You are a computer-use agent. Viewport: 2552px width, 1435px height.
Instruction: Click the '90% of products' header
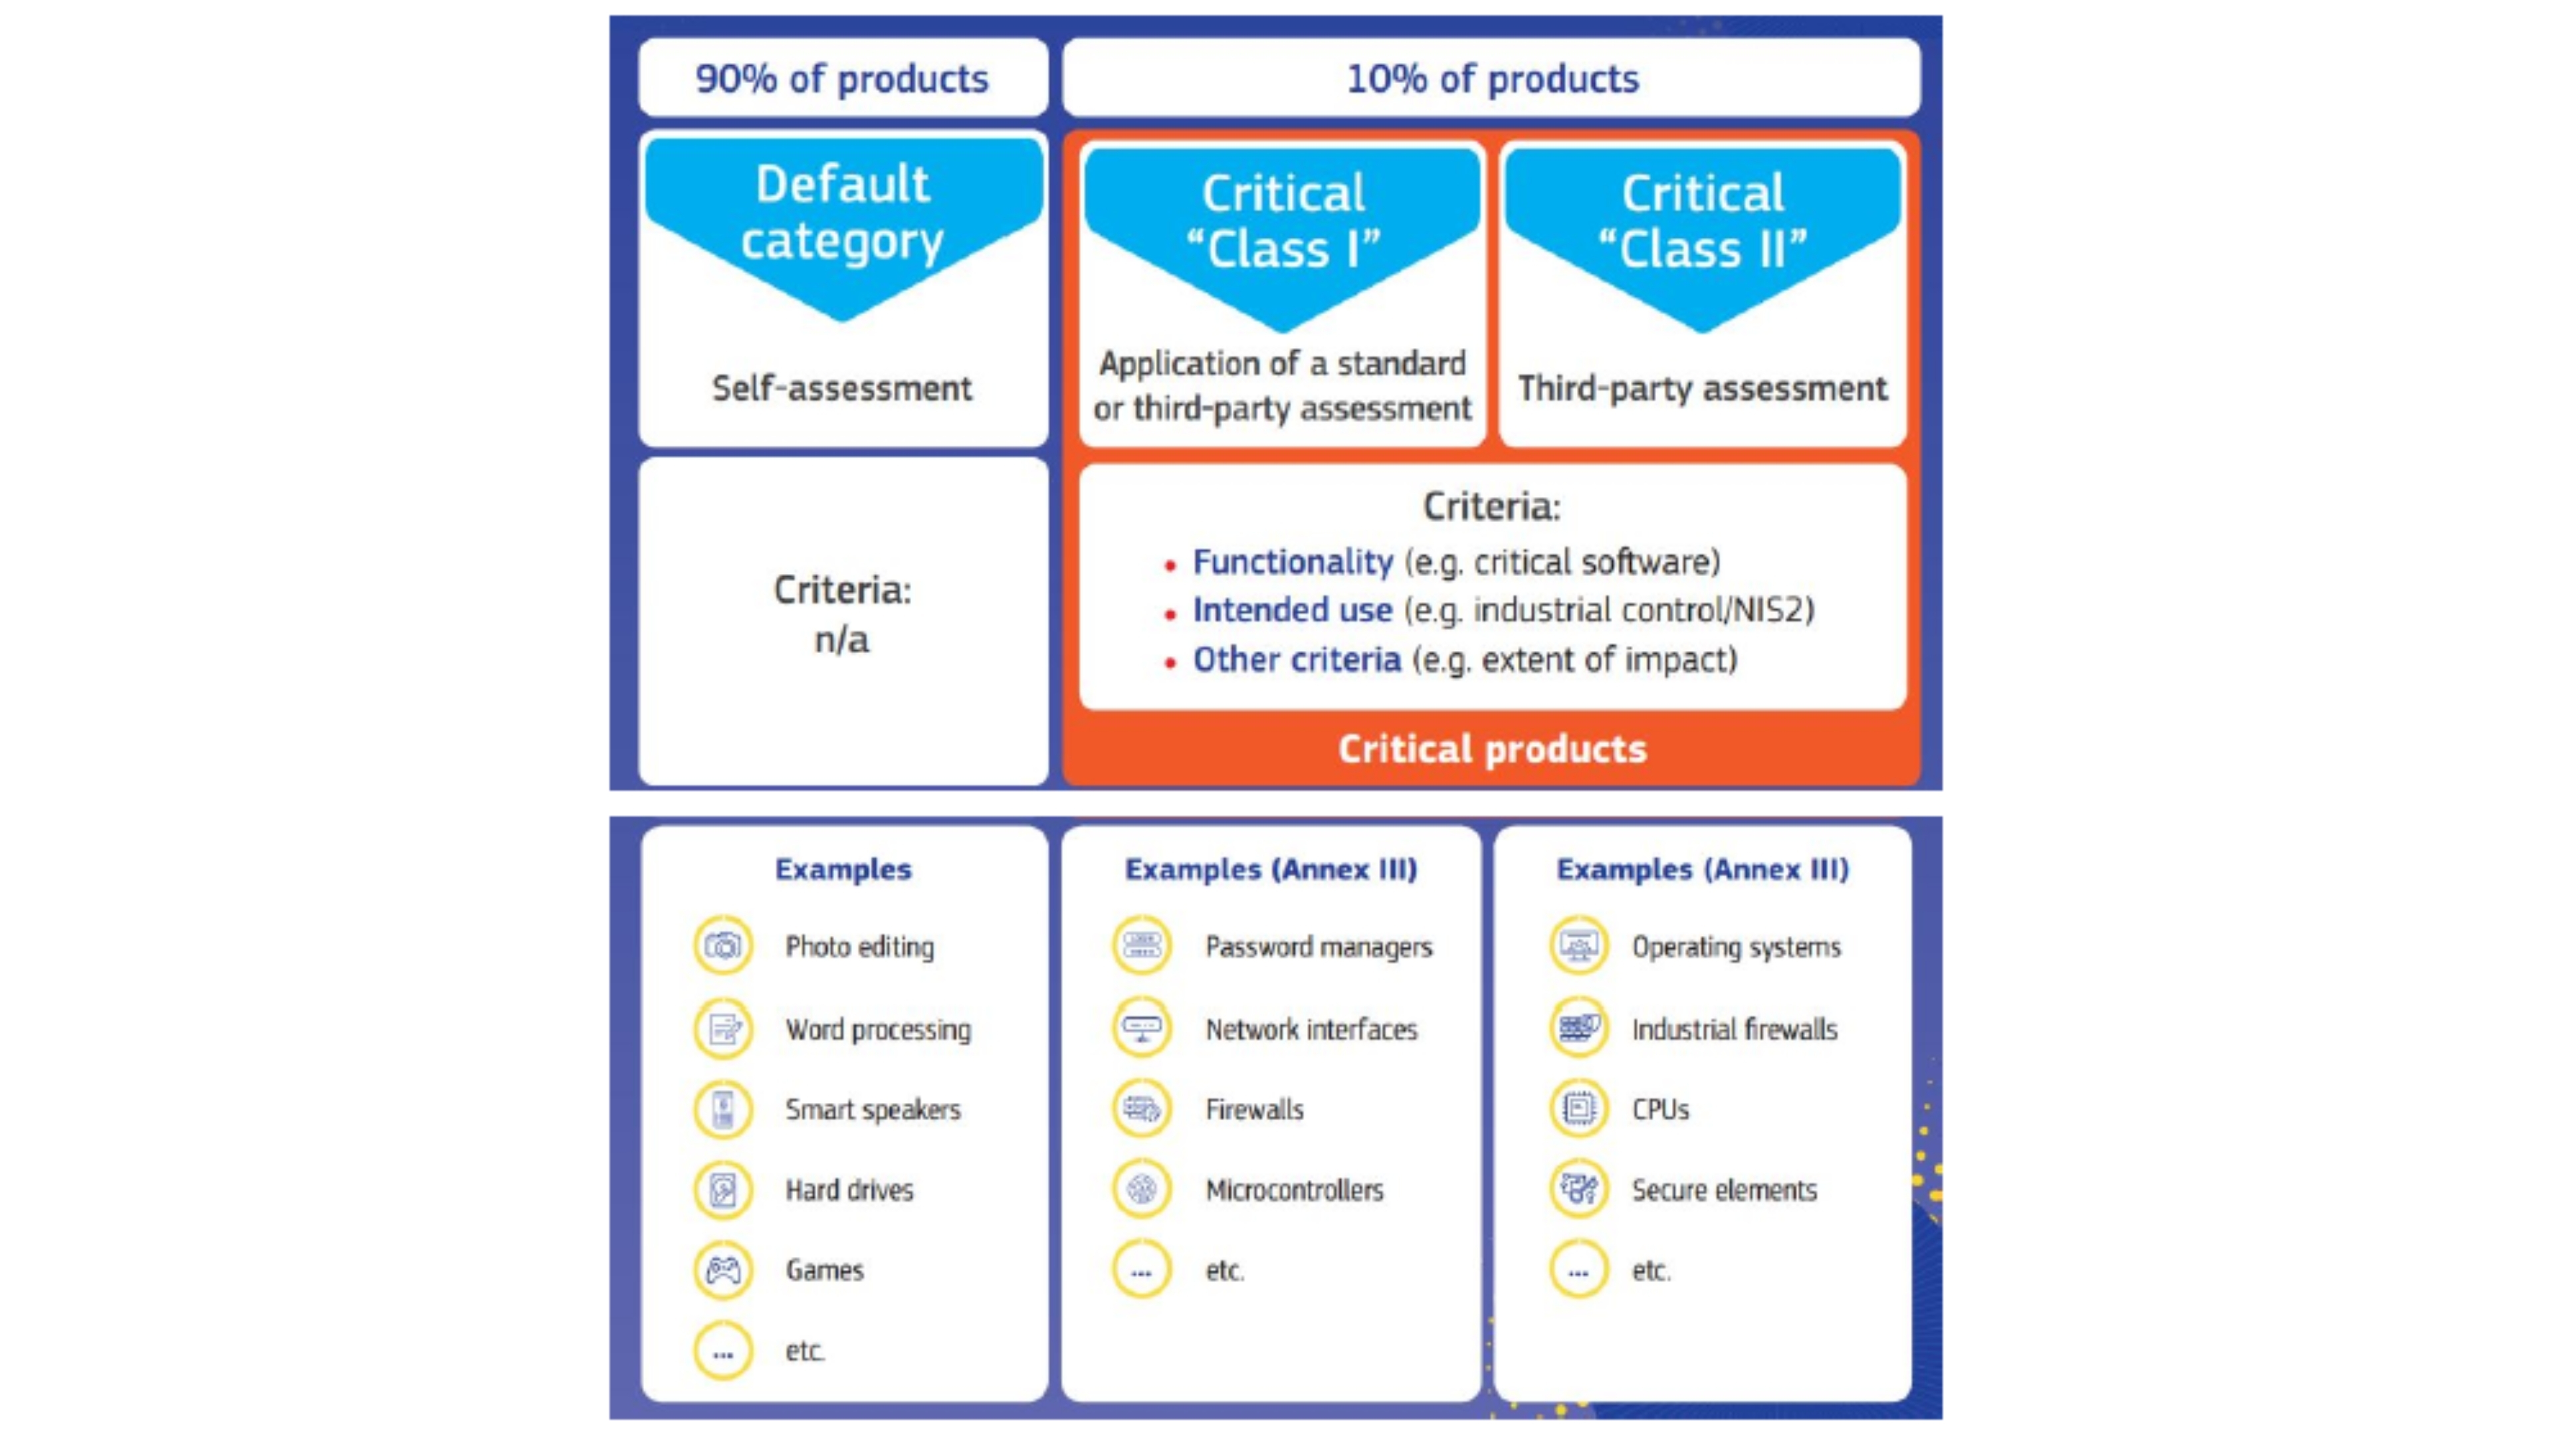point(842,78)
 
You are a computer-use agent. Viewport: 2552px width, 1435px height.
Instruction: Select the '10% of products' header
point(1492,78)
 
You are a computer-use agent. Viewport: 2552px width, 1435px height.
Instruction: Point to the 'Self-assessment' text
point(842,388)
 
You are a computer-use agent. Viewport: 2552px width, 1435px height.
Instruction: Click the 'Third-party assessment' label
point(1703,388)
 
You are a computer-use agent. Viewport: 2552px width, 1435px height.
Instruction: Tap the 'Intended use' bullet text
point(1293,610)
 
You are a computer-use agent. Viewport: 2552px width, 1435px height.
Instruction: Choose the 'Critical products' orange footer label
point(1492,749)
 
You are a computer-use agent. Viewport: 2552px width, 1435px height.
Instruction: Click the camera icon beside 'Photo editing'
point(723,946)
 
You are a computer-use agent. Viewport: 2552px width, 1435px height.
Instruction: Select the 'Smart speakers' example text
point(873,1109)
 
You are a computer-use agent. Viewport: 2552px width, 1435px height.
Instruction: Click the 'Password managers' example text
point(1319,947)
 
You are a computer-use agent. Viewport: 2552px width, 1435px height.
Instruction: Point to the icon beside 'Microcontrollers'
point(1141,1189)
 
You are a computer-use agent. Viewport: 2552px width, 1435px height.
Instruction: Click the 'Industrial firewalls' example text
point(1735,1029)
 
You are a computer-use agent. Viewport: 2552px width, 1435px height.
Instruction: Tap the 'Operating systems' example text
point(1737,947)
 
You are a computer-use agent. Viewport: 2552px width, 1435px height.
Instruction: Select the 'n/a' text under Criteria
point(842,640)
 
